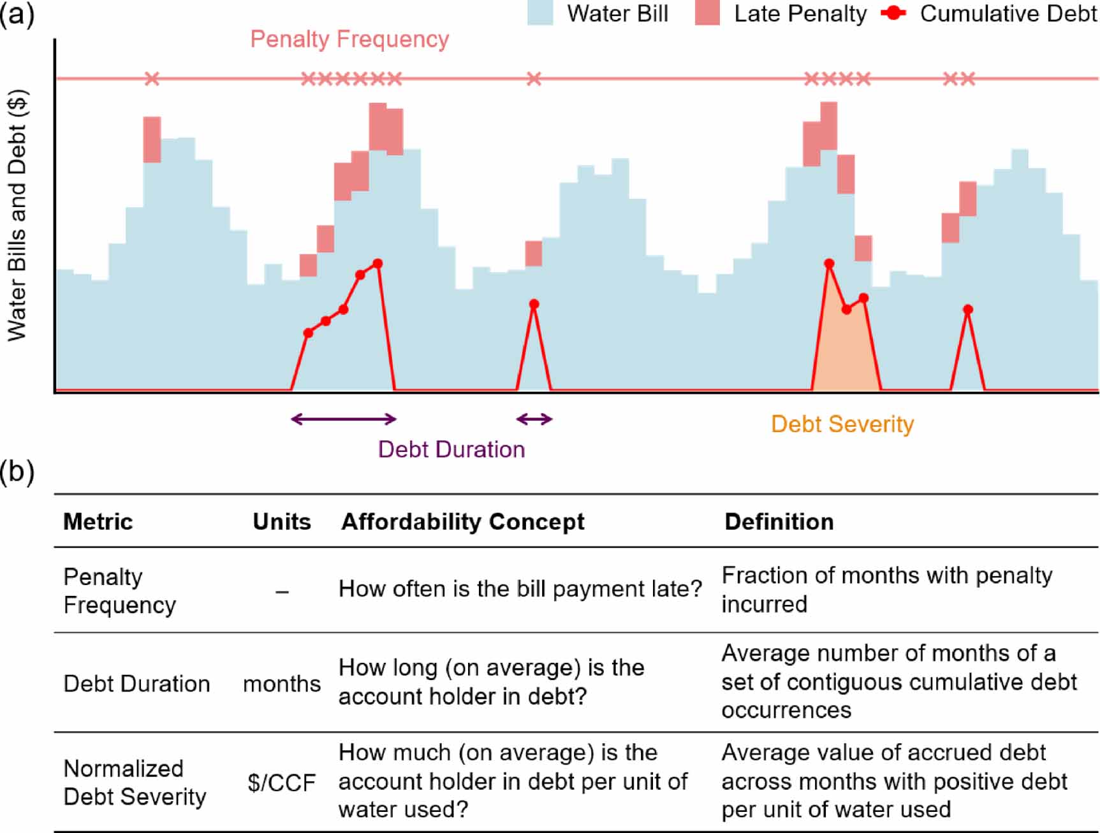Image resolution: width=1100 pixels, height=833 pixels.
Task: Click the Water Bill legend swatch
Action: point(539,13)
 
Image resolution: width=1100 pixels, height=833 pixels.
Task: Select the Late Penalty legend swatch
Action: point(707,13)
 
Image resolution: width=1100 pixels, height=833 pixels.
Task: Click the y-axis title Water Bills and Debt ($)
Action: point(17,215)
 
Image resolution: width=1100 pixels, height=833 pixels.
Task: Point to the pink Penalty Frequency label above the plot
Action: point(349,40)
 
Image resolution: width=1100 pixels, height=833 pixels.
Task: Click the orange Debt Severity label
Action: point(842,424)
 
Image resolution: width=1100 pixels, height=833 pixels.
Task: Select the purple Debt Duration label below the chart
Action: point(451,449)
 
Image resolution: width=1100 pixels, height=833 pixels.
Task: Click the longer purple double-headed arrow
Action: point(344,419)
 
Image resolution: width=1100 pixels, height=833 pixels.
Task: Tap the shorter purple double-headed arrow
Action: point(534,419)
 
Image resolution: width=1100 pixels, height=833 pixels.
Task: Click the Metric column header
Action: point(98,522)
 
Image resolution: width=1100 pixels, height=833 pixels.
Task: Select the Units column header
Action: point(281,522)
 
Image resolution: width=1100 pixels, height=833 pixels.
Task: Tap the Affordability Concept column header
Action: point(462,522)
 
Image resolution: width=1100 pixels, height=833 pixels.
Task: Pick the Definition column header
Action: point(779,522)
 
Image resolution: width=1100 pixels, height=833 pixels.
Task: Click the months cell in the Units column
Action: point(281,684)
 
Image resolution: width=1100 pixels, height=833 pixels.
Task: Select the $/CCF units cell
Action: point(281,783)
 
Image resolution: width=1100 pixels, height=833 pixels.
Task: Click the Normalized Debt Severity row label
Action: point(135,783)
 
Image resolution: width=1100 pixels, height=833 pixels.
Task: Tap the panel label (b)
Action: point(17,472)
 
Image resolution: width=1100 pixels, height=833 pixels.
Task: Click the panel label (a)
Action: point(17,13)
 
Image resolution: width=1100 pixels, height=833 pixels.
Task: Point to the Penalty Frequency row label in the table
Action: point(119,590)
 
